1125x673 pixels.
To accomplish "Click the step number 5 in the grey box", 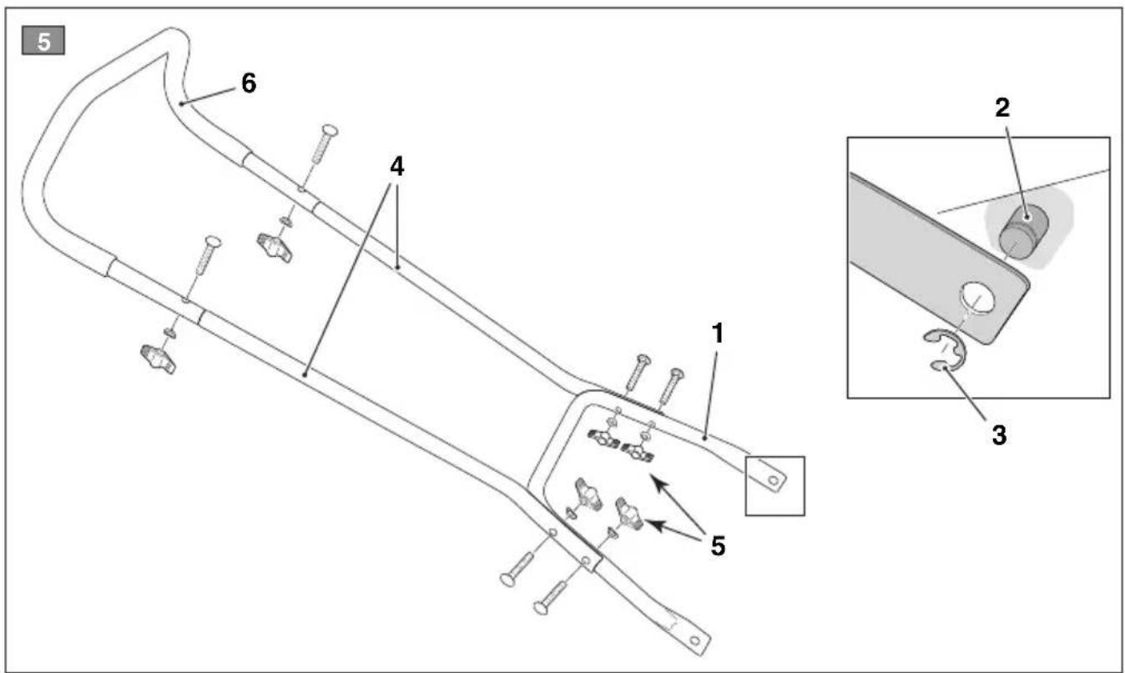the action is coord(43,42).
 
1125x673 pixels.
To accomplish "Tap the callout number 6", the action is coord(249,83).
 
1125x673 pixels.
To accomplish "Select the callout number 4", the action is coord(396,167).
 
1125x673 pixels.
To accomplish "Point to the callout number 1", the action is coord(719,334).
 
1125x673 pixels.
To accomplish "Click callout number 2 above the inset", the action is coord(1002,108).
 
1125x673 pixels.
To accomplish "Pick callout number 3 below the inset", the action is coord(1000,434).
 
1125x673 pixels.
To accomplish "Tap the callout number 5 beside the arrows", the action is coord(719,546).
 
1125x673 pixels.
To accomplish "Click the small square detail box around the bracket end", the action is coord(775,486).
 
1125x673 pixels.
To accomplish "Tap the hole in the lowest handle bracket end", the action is coord(695,640).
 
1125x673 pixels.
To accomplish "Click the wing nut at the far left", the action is coord(159,359).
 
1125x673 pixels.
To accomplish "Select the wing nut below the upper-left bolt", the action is coord(275,248).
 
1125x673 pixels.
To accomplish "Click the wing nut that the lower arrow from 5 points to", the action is coord(629,513).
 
